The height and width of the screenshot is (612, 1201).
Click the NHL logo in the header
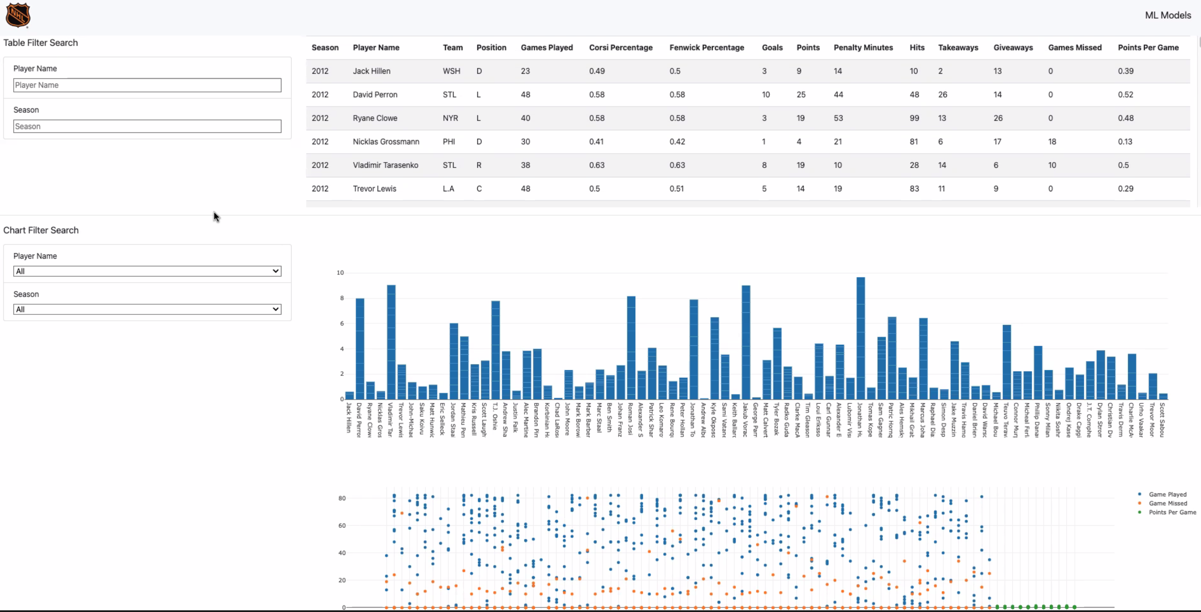tap(18, 15)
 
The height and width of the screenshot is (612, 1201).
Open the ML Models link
tap(1168, 15)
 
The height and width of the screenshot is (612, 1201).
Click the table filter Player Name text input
tap(147, 85)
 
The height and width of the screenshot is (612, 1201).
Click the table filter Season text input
tap(147, 126)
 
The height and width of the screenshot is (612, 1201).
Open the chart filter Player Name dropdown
tap(147, 271)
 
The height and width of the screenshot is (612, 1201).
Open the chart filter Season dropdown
tap(147, 309)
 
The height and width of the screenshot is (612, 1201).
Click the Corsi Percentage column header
tap(620, 47)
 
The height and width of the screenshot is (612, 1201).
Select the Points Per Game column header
tap(1148, 47)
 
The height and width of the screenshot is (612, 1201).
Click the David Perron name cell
tap(375, 95)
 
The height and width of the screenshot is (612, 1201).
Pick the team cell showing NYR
tap(450, 118)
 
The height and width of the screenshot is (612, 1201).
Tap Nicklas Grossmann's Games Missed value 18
tap(1052, 142)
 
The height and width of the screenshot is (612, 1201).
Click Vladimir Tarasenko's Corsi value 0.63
tap(596, 165)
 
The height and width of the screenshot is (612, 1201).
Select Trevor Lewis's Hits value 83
tap(914, 189)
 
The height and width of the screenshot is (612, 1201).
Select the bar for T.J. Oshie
tap(495, 350)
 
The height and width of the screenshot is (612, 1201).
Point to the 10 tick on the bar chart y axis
tap(340, 273)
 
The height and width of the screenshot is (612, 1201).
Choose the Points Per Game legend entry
tap(1171, 512)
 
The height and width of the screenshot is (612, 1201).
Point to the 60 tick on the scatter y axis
tap(342, 526)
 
